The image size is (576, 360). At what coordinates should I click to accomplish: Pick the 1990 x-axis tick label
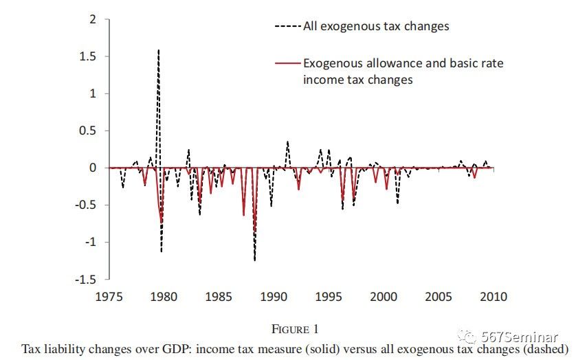[x=274, y=297]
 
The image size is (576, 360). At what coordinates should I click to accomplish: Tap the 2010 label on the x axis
[x=493, y=297]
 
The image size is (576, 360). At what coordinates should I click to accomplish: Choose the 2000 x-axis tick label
[x=382, y=297]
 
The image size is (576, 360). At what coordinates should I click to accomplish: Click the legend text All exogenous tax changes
[x=375, y=26]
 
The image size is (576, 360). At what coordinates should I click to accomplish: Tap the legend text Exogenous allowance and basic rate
[x=403, y=63]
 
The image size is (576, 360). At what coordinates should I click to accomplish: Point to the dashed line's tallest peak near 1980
[x=159, y=49]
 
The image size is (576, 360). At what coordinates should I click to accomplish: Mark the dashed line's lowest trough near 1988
[x=254, y=260]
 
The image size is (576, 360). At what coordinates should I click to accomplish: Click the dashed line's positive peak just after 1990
[x=287, y=142]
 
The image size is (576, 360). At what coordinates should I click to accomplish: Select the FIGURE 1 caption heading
[x=295, y=330]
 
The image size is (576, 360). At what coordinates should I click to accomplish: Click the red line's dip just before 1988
[x=243, y=215]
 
